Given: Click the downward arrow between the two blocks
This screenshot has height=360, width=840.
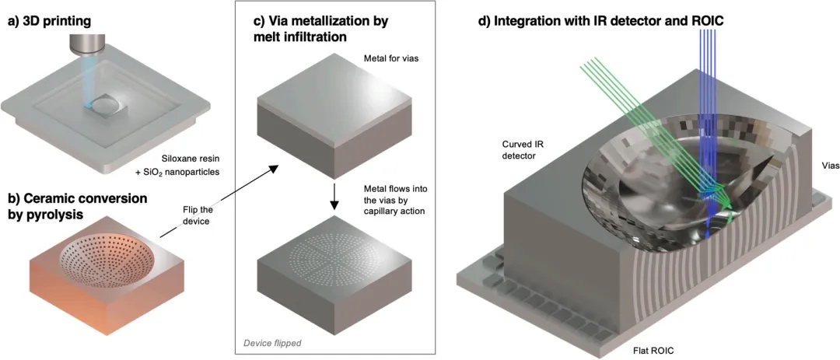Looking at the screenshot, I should click(x=334, y=194).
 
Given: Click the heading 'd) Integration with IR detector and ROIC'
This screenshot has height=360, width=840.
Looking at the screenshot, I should click(x=600, y=21).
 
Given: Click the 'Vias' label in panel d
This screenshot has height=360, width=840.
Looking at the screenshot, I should click(x=821, y=166).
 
